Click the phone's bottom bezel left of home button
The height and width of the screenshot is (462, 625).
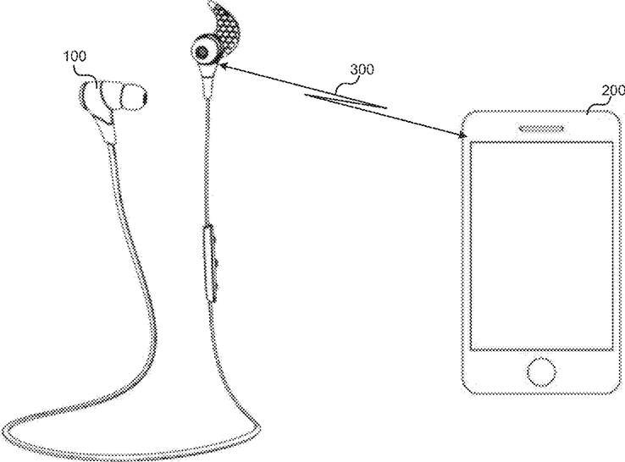point(495,372)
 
